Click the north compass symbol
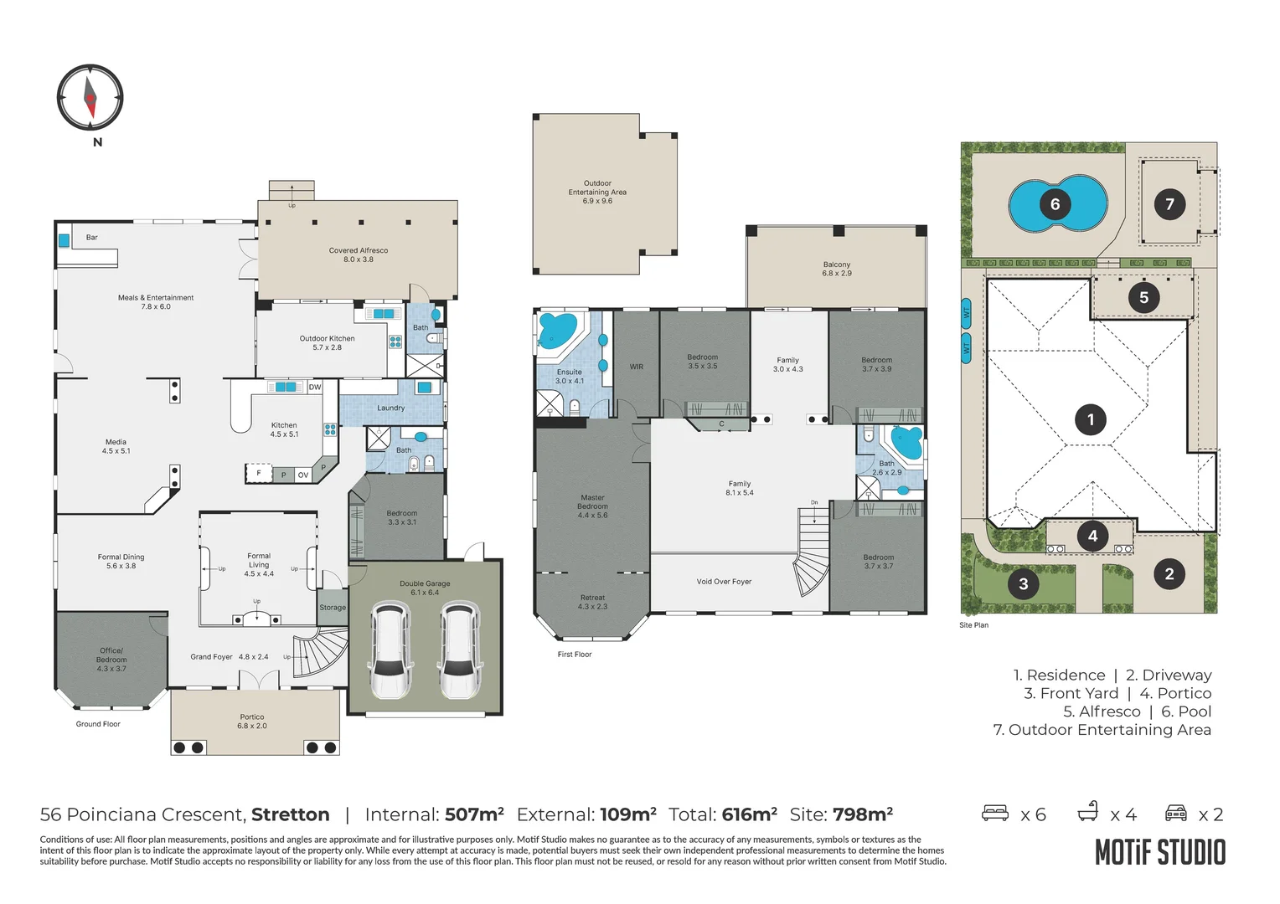coord(90,97)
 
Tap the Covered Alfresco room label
coord(358,254)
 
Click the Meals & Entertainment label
coord(156,301)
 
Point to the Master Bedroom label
coord(592,506)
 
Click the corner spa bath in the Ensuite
coord(556,331)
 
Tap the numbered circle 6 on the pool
coord(1055,204)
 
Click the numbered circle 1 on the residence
coord(1090,419)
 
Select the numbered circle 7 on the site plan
coord(1169,204)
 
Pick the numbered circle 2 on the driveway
coord(1169,573)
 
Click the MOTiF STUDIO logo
coord(1160,853)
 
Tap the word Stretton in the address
coord(290,814)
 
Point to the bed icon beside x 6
coord(995,813)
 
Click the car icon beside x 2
coord(1176,813)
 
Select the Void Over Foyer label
coord(724,582)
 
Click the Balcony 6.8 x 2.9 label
coord(836,269)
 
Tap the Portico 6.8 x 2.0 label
coord(251,721)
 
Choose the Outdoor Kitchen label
coord(327,342)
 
